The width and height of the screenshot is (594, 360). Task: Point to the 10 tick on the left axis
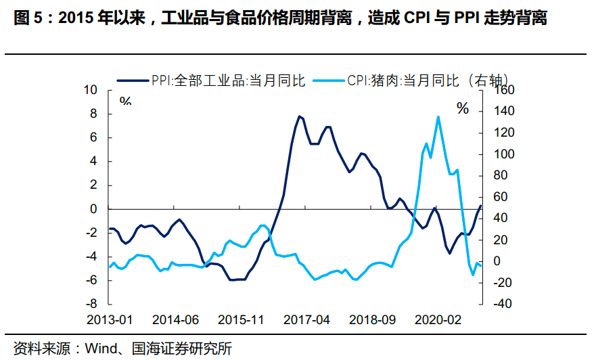point(91,90)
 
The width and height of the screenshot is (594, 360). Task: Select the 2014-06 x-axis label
point(176,319)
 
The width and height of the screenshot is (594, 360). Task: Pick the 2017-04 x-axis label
point(307,319)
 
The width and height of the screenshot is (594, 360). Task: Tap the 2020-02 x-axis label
point(438,319)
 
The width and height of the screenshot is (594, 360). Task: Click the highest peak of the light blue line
point(438,116)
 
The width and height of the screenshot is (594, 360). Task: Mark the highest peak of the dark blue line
point(298,116)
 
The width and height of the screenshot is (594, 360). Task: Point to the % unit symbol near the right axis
point(463,109)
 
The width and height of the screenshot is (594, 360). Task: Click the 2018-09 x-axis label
point(373,319)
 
